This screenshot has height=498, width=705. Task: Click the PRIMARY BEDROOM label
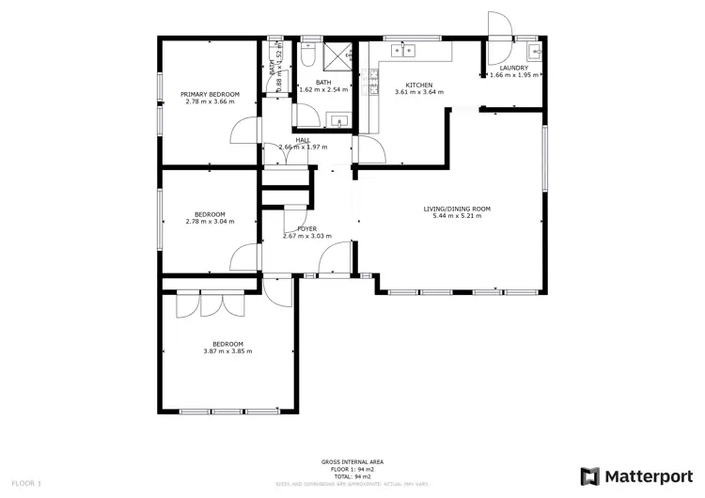pyautogui.click(x=211, y=94)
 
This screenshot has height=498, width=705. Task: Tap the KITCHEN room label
pyautogui.click(x=419, y=85)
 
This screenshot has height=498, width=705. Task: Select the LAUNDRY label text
pyautogui.click(x=514, y=68)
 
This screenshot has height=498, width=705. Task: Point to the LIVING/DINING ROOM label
pyautogui.click(x=457, y=209)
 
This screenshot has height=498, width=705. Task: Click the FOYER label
pyautogui.click(x=306, y=229)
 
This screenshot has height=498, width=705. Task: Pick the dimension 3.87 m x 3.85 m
pyautogui.click(x=227, y=351)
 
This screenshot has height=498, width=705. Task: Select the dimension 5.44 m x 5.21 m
pyautogui.click(x=457, y=216)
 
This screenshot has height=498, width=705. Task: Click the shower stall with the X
pyautogui.click(x=336, y=57)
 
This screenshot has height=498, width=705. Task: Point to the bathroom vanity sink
pyautogui.click(x=339, y=120)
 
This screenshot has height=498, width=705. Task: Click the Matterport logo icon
pyautogui.click(x=589, y=475)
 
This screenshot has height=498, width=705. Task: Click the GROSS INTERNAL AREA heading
pyautogui.click(x=352, y=461)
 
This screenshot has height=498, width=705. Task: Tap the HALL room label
pyautogui.click(x=303, y=140)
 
